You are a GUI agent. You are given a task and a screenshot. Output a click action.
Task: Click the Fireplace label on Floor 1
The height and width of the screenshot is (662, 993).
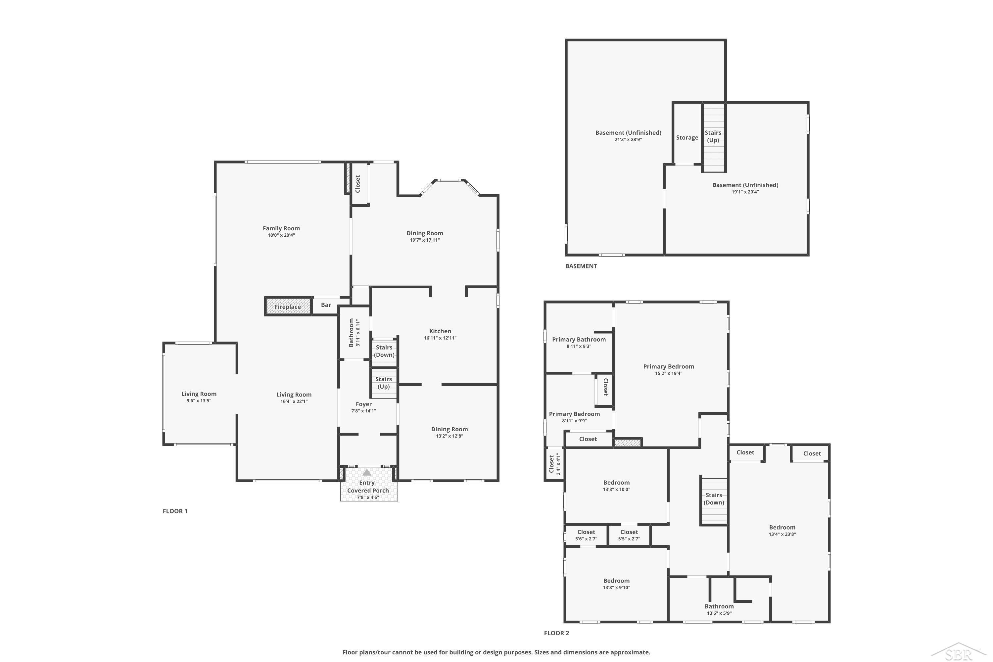click(x=288, y=307)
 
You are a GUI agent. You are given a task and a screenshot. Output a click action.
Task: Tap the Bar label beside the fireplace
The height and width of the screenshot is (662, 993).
click(x=326, y=305)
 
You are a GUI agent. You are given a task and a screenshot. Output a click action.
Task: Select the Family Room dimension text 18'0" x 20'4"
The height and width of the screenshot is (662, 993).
click(x=281, y=235)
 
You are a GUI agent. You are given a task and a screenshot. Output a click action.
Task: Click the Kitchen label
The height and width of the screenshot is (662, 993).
click(x=440, y=331)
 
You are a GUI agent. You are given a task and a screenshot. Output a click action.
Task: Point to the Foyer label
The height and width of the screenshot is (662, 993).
click(x=363, y=404)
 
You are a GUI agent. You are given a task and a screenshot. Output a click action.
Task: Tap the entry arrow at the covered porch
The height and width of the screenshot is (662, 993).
click(x=367, y=472)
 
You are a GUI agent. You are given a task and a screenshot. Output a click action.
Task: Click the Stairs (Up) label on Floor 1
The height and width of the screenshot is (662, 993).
click(x=384, y=383)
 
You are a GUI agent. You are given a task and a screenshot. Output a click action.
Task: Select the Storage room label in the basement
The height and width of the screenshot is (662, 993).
click(x=687, y=138)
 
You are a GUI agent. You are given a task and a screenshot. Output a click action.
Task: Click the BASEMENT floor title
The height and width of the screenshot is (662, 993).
click(x=581, y=266)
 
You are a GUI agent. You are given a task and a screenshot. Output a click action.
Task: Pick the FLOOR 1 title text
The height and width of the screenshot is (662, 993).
click(x=175, y=511)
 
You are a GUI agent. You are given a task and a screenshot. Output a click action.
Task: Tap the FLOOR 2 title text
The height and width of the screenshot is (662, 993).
click(x=556, y=633)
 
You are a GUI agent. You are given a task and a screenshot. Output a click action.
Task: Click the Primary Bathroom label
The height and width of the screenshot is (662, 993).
click(x=579, y=340)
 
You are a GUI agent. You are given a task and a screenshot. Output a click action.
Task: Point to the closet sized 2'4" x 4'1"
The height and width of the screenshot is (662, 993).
click(x=554, y=464)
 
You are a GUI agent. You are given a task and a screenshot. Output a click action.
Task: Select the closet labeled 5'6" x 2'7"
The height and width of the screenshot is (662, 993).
click(x=586, y=535)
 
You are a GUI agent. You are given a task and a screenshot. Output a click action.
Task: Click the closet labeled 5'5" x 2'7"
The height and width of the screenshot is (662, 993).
click(x=629, y=535)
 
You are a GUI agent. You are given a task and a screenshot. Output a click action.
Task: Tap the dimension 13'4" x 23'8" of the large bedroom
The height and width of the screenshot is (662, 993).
click(x=782, y=534)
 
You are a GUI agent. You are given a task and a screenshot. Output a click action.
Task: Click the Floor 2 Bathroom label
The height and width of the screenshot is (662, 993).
click(x=719, y=606)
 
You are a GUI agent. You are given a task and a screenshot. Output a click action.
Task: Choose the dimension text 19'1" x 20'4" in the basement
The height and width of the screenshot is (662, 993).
click(x=745, y=192)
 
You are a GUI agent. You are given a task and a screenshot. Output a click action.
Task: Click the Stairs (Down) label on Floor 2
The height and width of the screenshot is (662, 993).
click(x=714, y=498)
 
